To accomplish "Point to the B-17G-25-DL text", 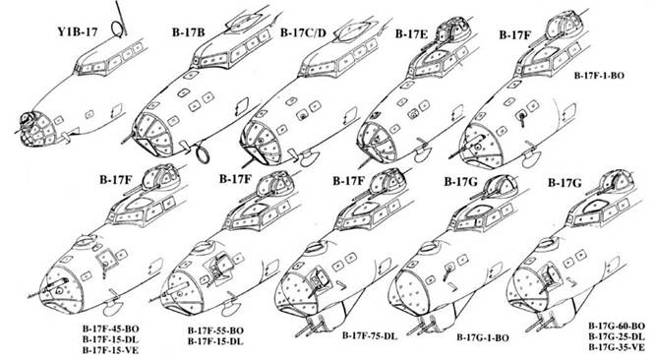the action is click(616, 336).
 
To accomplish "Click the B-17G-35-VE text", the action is click(616, 347).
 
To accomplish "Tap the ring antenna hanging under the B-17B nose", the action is click(202, 155).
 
